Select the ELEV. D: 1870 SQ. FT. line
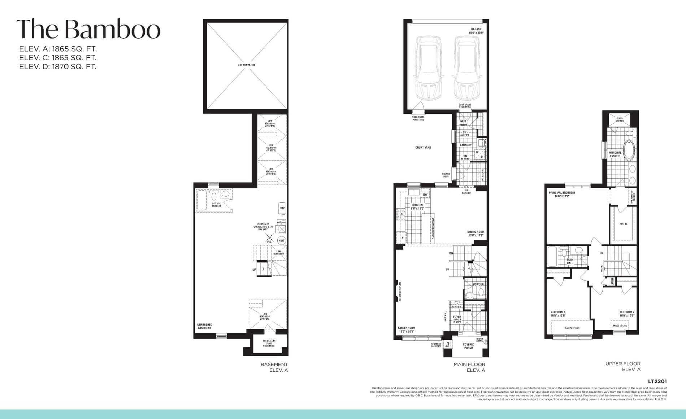pos(58,66)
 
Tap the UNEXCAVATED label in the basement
pos(246,65)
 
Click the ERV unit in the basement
pos(282,208)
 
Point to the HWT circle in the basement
pos(281,240)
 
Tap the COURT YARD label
pos(423,147)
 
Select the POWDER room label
pos(478,284)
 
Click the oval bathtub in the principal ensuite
pos(630,150)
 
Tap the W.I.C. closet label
pos(624,224)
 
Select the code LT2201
pos(657,381)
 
